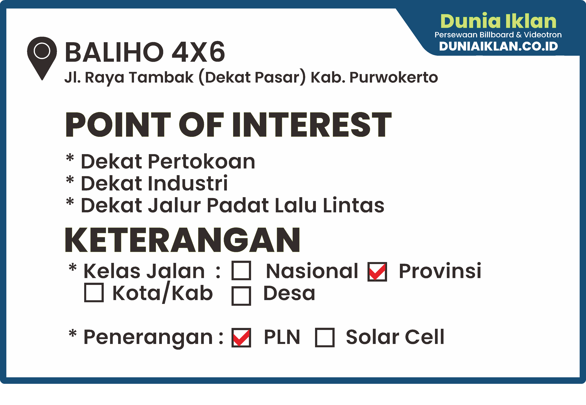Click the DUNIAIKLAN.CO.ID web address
click(498, 46)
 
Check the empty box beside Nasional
click(241, 271)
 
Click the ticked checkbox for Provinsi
click(377, 272)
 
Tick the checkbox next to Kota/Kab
click(94, 292)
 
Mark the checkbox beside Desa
click(241, 296)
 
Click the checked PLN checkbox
click(241, 337)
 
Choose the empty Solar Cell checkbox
click(325, 337)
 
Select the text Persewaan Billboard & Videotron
click(498, 35)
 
